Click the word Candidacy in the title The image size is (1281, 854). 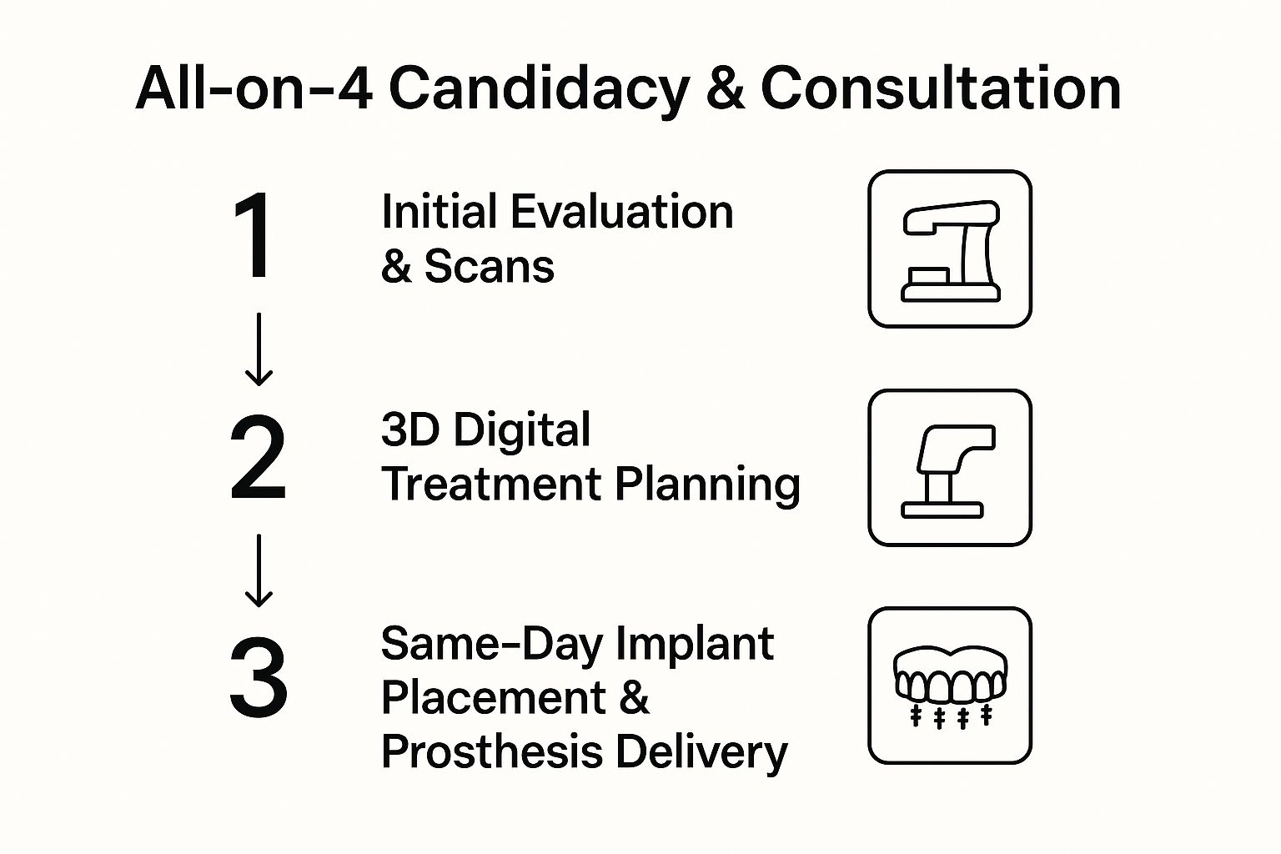tap(540, 88)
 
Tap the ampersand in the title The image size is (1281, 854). tap(725, 88)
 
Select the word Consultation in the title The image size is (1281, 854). tap(940, 88)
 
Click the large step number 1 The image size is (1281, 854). tap(253, 236)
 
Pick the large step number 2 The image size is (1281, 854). tap(258, 459)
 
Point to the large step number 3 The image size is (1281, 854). tap(259, 677)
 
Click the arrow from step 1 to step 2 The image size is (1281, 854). tap(259, 349)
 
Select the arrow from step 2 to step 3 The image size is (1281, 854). tap(259, 570)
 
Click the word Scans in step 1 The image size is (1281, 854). tap(489, 267)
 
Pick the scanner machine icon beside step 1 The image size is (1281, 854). tap(950, 249)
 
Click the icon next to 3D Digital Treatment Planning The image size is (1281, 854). tap(950, 468)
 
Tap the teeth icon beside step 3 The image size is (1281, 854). tap(950, 686)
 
